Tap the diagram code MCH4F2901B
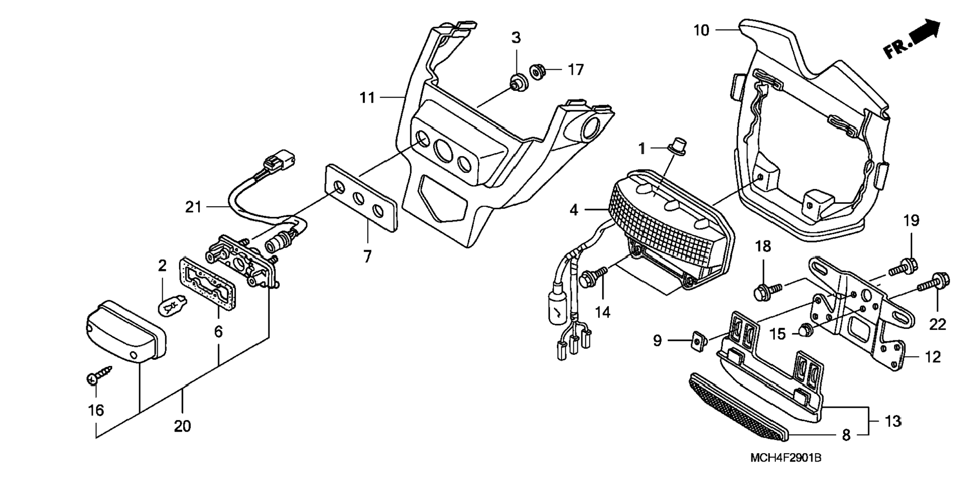786,458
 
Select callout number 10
701,30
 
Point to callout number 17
575,70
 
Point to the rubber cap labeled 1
676,145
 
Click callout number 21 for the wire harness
193,206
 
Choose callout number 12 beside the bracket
932,357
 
